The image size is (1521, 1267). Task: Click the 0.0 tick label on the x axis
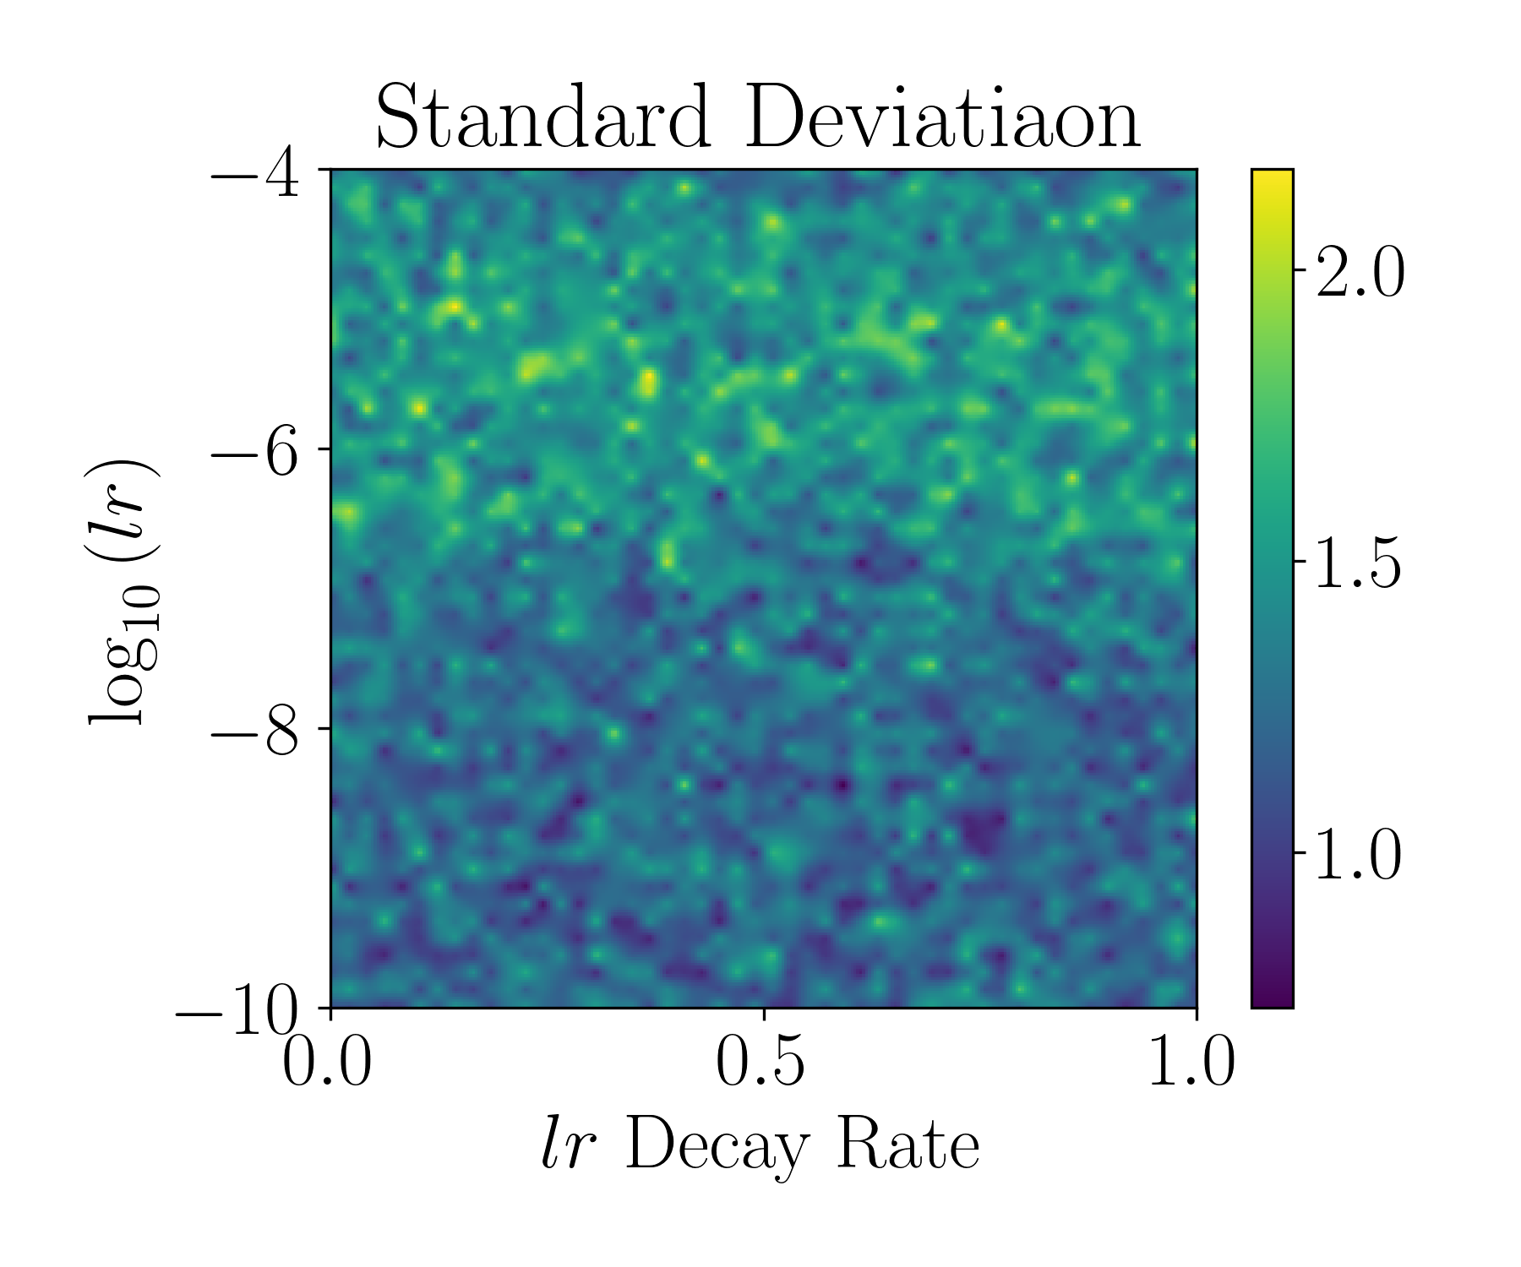coord(327,1062)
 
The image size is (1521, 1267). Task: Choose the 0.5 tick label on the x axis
coord(761,1062)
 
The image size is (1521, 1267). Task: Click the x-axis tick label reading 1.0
coord(1191,1062)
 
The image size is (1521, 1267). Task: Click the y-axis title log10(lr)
coord(123,591)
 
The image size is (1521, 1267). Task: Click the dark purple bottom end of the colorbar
coord(1272,1000)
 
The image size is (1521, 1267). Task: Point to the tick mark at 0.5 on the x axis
coord(764,1013)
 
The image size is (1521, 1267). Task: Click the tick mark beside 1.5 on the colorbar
coord(1300,561)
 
